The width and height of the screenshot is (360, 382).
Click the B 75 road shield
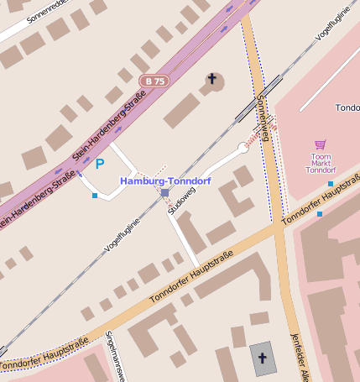[x=154, y=81]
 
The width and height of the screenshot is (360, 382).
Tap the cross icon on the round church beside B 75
[x=212, y=81]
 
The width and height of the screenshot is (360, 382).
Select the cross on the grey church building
[x=262, y=358]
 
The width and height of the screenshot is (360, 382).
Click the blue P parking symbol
[x=100, y=164]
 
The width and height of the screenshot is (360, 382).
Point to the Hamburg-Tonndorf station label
[x=165, y=181]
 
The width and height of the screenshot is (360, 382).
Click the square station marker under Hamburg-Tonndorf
[x=164, y=193]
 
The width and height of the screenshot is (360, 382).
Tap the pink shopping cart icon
[x=320, y=145]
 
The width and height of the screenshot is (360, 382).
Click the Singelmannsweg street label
[x=114, y=357]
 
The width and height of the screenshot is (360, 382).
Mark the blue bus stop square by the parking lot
[x=95, y=196]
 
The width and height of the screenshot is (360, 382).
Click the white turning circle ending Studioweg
[x=243, y=148]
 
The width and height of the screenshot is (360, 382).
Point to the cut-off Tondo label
[x=347, y=108]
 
